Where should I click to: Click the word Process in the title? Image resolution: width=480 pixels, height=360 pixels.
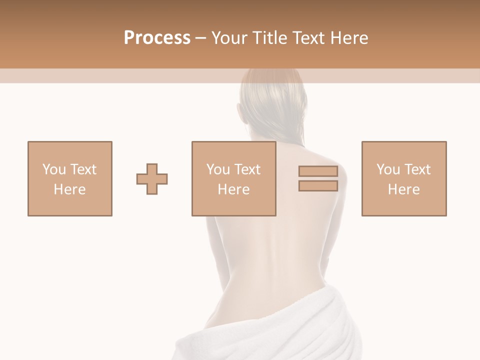point(157,37)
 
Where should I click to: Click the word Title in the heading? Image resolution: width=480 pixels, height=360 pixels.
point(269,37)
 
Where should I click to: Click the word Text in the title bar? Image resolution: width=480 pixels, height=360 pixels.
point(307,37)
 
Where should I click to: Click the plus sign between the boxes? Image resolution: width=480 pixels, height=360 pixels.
point(152,179)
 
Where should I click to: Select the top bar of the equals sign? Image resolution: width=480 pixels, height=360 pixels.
point(318,171)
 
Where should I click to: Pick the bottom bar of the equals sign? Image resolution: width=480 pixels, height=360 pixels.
point(318,186)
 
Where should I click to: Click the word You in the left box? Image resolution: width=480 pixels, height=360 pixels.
point(53,169)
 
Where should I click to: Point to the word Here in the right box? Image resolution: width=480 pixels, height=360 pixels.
point(404,189)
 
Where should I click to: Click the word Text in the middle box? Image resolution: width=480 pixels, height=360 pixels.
point(246,169)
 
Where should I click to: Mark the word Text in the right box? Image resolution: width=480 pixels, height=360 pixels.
point(416,169)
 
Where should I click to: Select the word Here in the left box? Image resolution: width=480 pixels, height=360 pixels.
point(70,189)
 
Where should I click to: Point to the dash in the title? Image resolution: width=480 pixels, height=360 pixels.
point(200,38)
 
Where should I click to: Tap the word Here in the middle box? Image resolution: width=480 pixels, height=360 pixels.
point(233,189)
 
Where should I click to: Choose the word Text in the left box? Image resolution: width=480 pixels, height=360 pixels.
point(82,169)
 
